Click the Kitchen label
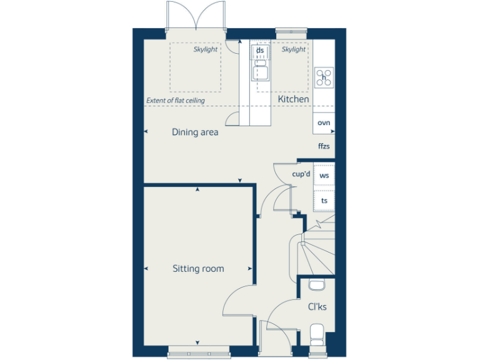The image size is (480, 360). pyautogui.click(x=293, y=99)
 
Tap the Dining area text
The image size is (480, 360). pyautogui.click(x=195, y=132)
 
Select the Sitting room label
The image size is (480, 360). pyautogui.click(x=198, y=269)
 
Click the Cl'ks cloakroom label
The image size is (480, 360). pyautogui.click(x=317, y=307)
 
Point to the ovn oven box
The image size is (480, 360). pyautogui.click(x=324, y=123)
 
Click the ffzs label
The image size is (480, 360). pyautogui.click(x=323, y=147)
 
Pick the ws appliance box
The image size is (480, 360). pyautogui.click(x=324, y=176)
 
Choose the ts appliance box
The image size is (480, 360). pyautogui.click(x=324, y=201)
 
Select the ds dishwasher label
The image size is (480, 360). pyautogui.click(x=260, y=50)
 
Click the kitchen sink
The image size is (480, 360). pyautogui.click(x=260, y=70)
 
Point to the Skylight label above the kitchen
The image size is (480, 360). pyautogui.click(x=294, y=49)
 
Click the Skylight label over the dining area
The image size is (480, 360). pyautogui.click(x=206, y=49)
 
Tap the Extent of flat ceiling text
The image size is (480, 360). pyautogui.click(x=175, y=100)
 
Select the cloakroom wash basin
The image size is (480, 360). pyautogui.click(x=317, y=286)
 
